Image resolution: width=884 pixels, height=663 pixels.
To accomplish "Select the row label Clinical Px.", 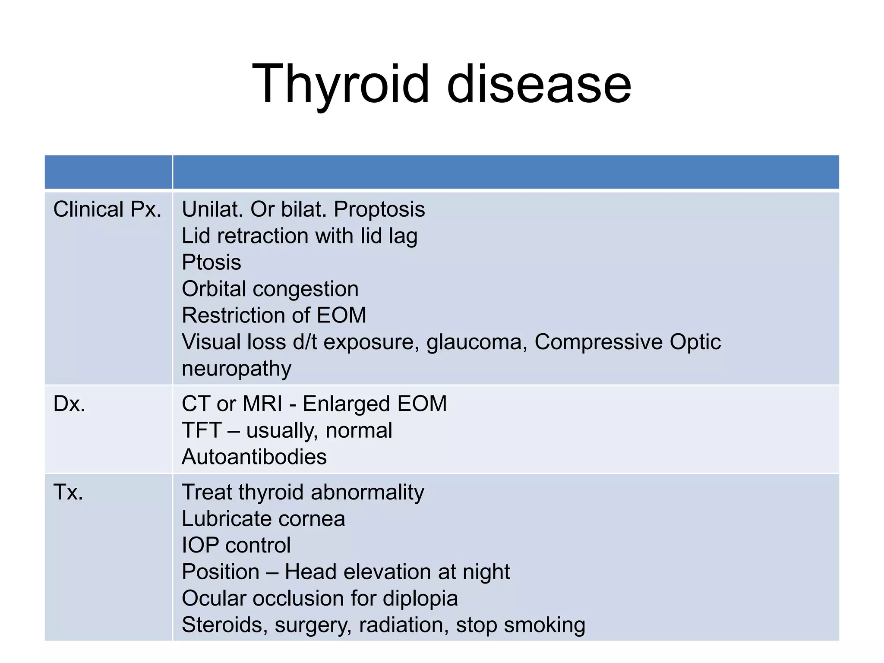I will [107, 210].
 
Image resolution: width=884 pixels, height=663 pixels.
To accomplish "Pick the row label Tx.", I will [68, 493].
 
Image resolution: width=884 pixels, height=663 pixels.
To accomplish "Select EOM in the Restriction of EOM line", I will [341, 316].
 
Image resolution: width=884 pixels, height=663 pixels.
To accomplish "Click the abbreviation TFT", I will [201, 431].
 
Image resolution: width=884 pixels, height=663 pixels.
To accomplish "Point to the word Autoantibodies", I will [254, 457].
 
